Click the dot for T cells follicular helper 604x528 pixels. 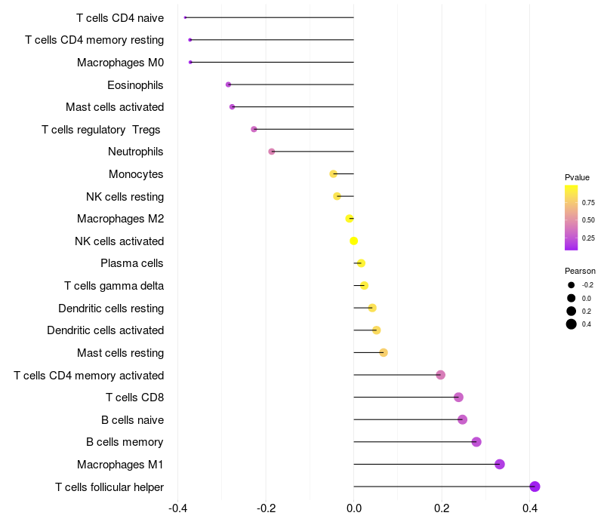click(x=535, y=487)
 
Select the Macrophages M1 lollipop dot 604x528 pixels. click(x=500, y=464)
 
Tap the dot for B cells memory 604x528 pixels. click(x=476, y=442)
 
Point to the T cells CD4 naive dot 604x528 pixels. click(x=185, y=17)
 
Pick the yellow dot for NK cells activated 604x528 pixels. click(x=353, y=241)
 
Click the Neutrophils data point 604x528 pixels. click(x=272, y=152)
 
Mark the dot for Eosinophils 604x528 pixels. click(x=228, y=84)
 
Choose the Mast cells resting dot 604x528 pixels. click(x=384, y=352)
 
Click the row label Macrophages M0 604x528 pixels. click(x=120, y=62)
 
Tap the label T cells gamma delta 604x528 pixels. click(x=114, y=286)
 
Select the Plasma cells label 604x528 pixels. click(x=132, y=263)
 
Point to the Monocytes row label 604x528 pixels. click(x=136, y=174)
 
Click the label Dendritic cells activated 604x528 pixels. click(x=106, y=330)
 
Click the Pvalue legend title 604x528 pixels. click(x=577, y=177)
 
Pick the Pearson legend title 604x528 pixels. click(x=580, y=271)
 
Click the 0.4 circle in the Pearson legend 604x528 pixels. click(x=572, y=324)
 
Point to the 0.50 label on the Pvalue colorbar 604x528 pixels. click(x=588, y=219)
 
